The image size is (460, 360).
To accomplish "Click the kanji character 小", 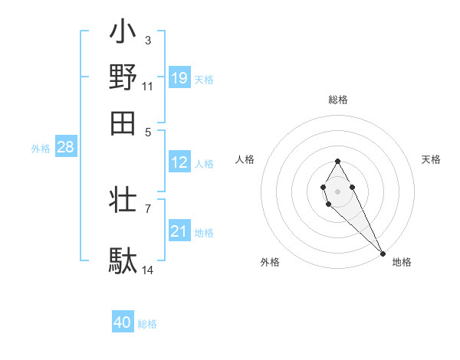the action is [123, 34].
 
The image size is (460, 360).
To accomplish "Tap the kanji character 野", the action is [123, 77].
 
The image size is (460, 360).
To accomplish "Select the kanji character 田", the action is [123, 122].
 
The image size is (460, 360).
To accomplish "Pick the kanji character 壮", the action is [123, 201].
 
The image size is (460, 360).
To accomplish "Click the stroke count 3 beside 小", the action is [147, 40].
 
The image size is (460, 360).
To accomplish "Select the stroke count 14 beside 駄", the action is [147, 270].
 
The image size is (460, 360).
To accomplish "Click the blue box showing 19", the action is [179, 77].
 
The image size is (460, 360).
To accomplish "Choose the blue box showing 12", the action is [179, 162].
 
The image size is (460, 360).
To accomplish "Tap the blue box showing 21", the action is [179, 231].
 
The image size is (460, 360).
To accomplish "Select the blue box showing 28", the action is [65, 148].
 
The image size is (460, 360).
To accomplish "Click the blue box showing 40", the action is [123, 322].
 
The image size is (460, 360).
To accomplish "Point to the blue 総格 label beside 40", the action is [147, 324].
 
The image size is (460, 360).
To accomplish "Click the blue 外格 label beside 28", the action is [41, 149].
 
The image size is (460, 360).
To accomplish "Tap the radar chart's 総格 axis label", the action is [338, 100].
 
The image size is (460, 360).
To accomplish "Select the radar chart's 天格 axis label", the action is [432, 159].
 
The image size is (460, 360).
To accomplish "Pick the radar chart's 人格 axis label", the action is [245, 159].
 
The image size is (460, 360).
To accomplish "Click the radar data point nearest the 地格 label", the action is [383, 253].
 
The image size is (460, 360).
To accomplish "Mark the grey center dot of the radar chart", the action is [337, 190].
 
